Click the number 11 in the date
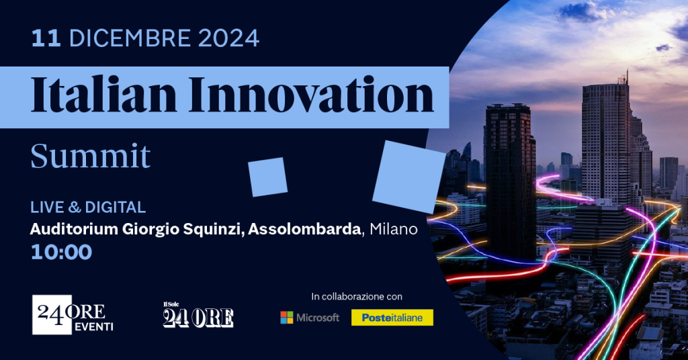click(x=46, y=38)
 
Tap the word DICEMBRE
click(x=130, y=38)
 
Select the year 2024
click(x=228, y=38)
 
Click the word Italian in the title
click(x=103, y=95)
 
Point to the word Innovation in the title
click(x=311, y=95)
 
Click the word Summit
click(x=91, y=156)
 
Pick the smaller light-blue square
click(x=267, y=177)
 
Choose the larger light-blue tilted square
click(x=409, y=177)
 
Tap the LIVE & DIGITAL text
click(x=88, y=207)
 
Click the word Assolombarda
click(x=304, y=229)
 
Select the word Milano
click(x=394, y=229)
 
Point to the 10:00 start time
click(x=61, y=252)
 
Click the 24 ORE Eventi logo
click(x=73, y=315)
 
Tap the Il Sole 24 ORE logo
click(x=198, y=315)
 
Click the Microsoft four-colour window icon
click(x=286, y=318)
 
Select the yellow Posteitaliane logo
click(x=392, y=318)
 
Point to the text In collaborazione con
click(x=357, y=296)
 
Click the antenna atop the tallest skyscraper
click(x=627, y=77)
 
